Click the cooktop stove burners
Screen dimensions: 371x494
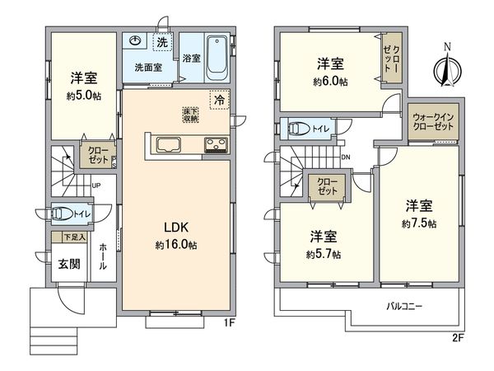pyautogui.click(x=217, y=146)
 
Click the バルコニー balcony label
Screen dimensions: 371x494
pyautogui.click(x=404, y=307)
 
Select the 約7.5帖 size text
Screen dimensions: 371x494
pyautogui.click(x=419, y=223)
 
